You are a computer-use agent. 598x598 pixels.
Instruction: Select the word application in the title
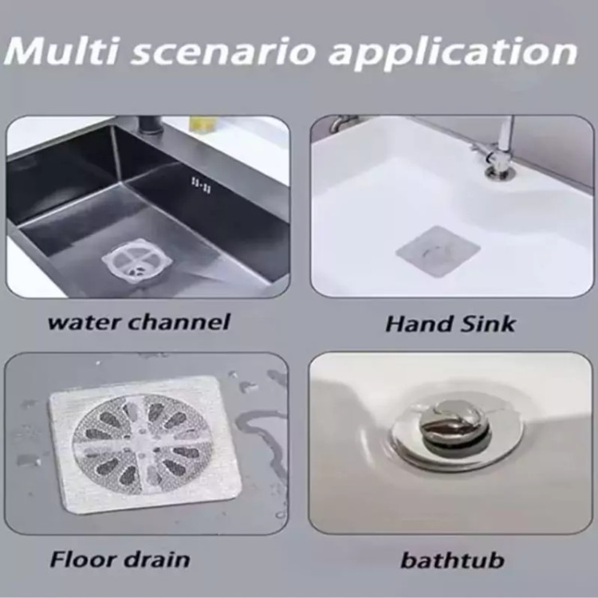[454, 54]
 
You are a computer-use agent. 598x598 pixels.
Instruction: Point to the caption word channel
[179, 322]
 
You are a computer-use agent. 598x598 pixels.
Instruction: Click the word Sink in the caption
[487, 324]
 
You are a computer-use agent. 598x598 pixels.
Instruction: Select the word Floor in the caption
[82, 560]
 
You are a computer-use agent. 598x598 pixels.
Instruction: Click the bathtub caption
[452, 561]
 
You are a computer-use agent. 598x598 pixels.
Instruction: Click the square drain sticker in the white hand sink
[439, 251]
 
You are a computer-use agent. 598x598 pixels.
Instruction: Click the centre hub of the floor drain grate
[142, 443]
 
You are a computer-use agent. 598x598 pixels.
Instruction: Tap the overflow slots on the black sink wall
[201, 185]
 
